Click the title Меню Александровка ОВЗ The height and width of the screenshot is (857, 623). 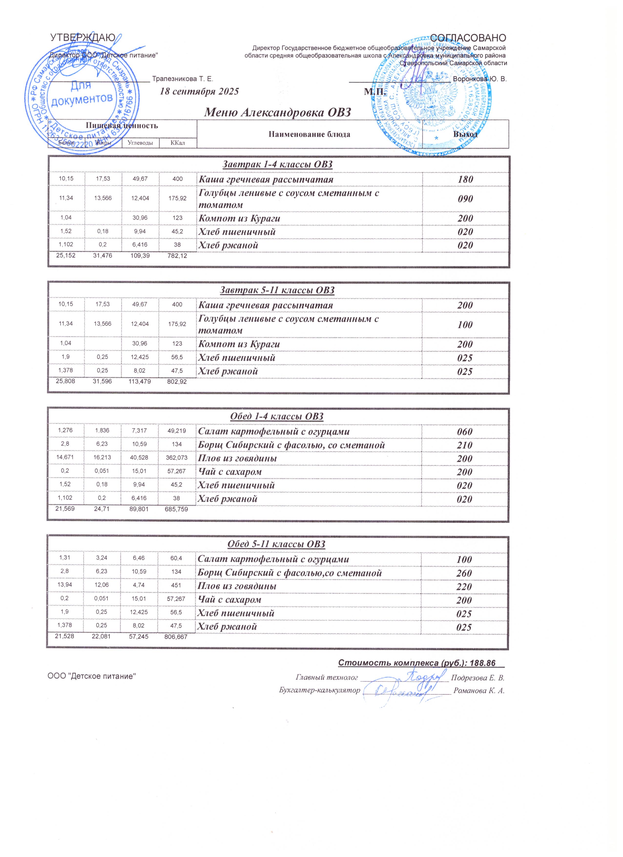278,113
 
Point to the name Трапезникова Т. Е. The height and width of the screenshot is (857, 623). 182,79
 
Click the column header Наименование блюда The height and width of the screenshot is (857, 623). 309,134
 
